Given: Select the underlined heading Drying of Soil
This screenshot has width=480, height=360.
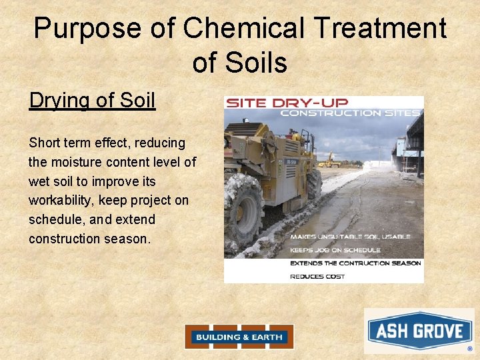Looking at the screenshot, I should (92, 101).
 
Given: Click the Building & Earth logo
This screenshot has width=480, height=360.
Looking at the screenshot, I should (239, 337).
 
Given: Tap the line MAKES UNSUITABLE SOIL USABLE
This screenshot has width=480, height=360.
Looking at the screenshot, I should (349, 237).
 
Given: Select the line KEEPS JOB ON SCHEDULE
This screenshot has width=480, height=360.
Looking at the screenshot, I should (335, 250).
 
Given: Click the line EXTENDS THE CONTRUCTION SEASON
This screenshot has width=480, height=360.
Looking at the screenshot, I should (355, 263).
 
